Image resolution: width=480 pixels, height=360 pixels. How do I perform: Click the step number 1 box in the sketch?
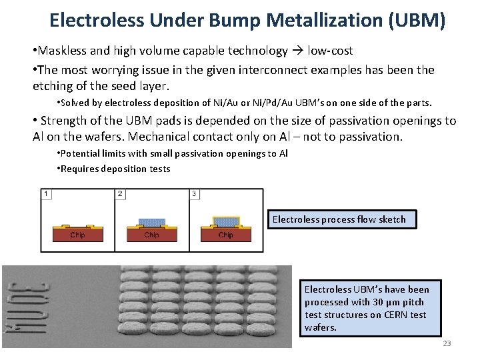[46, 194]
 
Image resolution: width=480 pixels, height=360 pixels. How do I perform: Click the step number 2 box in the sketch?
[120, 194]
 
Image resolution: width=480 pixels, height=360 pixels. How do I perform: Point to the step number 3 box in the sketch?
[194, 194]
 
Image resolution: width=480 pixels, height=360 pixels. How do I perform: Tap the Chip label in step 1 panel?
[77, 235]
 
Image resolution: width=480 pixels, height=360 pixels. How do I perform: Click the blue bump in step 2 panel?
[151, 222]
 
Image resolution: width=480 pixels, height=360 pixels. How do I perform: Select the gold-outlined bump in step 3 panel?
[226, 221]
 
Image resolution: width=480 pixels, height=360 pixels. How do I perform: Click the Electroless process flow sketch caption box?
[341, 219]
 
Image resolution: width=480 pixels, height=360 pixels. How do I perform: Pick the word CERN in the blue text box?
[384, 315]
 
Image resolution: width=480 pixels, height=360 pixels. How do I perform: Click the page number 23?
[447, 343]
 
